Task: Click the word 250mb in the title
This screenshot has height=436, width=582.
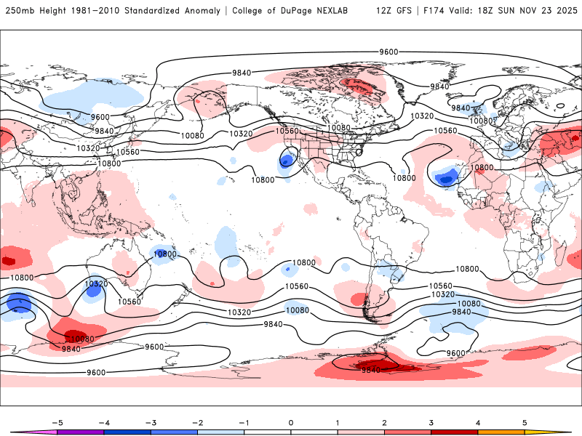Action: click(x=19, y=11)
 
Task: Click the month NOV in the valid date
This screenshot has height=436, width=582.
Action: click(x=530, y=11)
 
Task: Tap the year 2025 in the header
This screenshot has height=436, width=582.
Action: click(x=564, y=11)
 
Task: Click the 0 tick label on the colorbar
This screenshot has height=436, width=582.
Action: click(x=291, y=422)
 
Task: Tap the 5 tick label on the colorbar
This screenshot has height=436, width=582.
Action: click(x=525, y=422)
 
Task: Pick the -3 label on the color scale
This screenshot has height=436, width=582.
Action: click(x=150, y=422)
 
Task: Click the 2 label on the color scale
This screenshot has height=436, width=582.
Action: click(x=384, y=422)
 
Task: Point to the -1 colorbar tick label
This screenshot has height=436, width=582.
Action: click(x=243, y=422)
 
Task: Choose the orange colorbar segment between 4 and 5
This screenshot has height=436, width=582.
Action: click(x=501, y=432)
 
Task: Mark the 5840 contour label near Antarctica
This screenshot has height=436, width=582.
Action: click(x=371, y=370)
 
